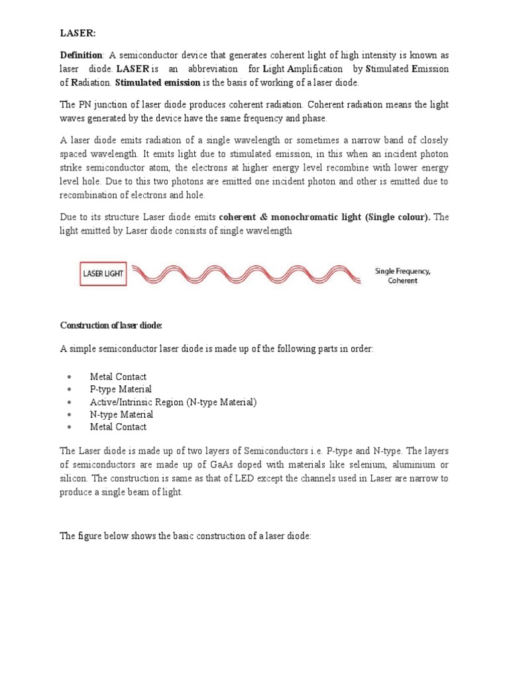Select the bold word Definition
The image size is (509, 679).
click(x=81, y=55)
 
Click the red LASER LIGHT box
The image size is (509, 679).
click(x=103, y=273)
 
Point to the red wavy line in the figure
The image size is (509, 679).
click(x=246, y=273)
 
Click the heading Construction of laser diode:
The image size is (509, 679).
click(x=111, y=325)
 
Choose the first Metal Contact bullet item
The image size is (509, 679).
click(x=118, y=377)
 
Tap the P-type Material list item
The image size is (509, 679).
click(x=121, y=389)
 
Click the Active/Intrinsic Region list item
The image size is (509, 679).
click(x=173, y=402)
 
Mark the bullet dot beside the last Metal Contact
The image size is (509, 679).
click(x=70, y=428)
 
